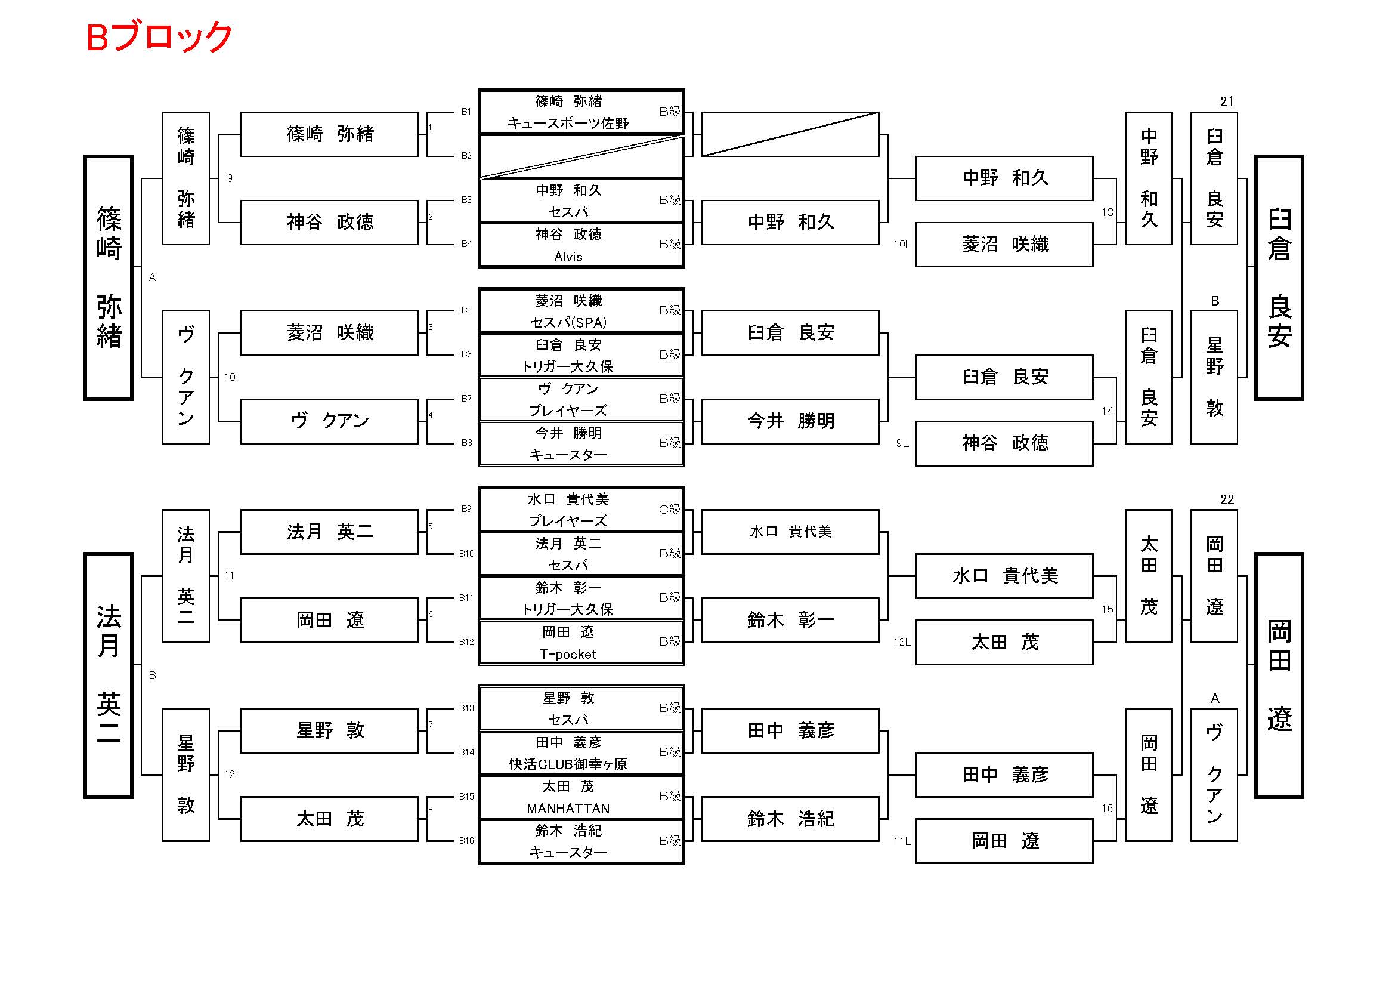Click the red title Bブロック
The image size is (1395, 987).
[x=159, y=37]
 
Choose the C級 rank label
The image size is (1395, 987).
[x=669, y=509]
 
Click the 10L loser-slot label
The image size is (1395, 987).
[x=902, y=245]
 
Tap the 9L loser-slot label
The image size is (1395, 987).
[x=902, y=443]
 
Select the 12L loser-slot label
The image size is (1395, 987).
[x=902, y=643]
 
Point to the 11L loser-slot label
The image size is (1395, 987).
[x=902, y=842]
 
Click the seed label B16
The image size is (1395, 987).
[x=466, y=841]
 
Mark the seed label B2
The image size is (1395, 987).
[x=466, y=156]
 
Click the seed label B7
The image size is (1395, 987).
[x=466, y=399]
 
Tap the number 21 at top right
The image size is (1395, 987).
[x=1227, y=101]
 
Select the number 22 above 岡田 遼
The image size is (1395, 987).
[x=1227, y=499]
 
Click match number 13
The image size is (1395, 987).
[x=1107, y=212]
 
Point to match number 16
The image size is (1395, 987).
[x=1107, y=809]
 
